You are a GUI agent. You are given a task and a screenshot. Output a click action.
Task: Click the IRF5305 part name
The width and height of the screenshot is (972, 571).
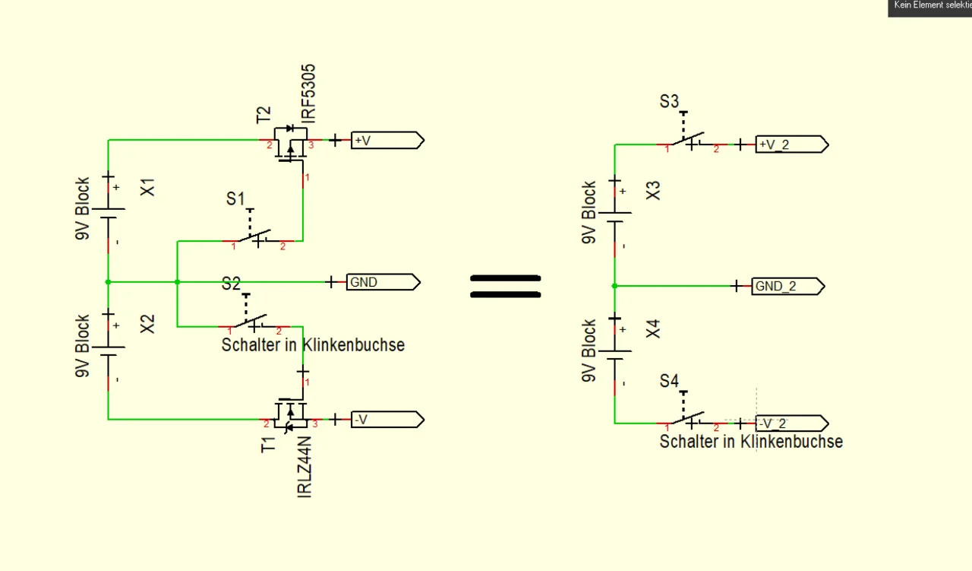point(308,94)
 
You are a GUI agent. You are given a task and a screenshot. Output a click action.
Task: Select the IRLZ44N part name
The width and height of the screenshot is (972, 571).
point(305,466)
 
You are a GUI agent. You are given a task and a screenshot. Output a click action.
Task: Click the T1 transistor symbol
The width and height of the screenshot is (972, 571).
point(289,415)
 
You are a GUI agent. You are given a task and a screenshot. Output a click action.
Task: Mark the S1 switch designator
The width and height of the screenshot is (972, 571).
point(235,199)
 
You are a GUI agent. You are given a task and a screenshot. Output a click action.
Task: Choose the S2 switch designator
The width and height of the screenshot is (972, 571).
point(231,284)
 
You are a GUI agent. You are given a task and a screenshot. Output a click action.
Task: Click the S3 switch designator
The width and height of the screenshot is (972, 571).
point(669,102)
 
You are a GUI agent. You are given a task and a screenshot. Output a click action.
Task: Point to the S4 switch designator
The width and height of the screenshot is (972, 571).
point(669,382)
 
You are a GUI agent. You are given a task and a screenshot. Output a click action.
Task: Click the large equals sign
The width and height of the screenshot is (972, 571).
point(505,287)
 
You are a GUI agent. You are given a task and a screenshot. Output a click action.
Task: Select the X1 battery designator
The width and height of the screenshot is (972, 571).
point(149,187)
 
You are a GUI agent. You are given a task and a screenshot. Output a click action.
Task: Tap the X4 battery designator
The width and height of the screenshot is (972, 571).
point(653,329)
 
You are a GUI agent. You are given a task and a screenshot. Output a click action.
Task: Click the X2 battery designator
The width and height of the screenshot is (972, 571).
point(148,324)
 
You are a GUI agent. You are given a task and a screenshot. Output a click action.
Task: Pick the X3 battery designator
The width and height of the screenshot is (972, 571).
point(653,191)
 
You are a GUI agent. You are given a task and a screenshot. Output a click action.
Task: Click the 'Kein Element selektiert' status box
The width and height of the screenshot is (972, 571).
point(930,7)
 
